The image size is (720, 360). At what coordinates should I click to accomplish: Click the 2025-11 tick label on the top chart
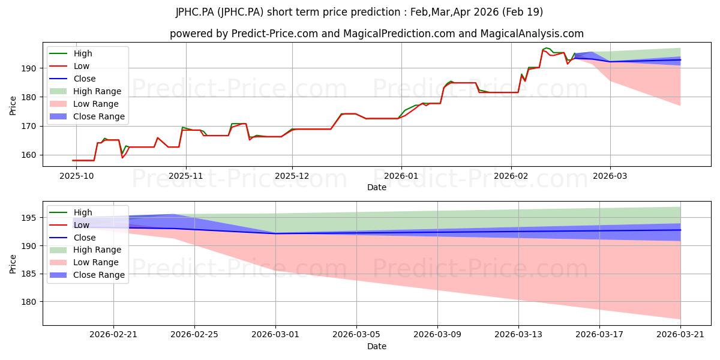coord(186,176)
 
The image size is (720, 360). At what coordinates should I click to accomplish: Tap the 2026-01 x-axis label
coord(401,176)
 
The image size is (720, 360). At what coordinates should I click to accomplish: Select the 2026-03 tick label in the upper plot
coord(610,176)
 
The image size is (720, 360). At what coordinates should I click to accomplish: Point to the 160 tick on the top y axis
coord(29,155)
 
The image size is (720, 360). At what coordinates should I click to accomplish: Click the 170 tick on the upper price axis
coord(29,127)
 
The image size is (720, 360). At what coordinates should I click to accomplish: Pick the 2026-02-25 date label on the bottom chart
coord(194,335)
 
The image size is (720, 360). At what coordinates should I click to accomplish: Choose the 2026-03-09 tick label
coord(437,335)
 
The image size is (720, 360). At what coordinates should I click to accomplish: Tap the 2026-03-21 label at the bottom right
coord(680,335)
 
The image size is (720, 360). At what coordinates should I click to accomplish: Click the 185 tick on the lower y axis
coord(29,274)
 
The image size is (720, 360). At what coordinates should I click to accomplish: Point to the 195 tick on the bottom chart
coord(29,218)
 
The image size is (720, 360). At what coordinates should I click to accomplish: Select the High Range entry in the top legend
coord(85,91)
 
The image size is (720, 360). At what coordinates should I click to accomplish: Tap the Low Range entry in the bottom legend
coord(84,262)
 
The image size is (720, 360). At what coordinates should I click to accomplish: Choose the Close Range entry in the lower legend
coord(87,275)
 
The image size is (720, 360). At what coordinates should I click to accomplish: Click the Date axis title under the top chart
coord(377,187)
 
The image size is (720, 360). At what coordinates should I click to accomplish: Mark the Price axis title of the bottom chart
coord(13,264)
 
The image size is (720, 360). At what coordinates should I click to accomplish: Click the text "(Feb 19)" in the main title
coord(523,12)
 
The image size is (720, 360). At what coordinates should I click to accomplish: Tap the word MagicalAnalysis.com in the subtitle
coord(532,34)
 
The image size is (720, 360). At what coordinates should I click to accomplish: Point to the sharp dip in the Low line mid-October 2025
coord(122,157)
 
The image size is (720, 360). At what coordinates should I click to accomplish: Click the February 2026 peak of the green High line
coord(546,48)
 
